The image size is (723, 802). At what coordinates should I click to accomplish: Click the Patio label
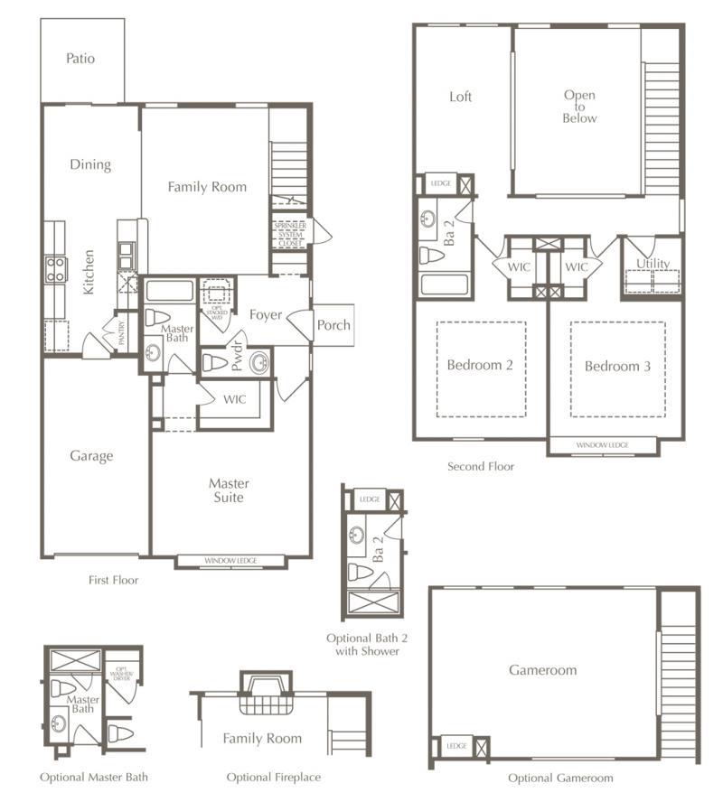coord(80,59)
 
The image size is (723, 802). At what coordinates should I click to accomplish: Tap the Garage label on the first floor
coord(91,456)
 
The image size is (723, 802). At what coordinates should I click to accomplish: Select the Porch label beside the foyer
coord(333,325)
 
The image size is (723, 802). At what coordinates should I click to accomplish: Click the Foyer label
coord(265,315)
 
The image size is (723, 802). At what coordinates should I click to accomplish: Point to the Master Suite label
coord(229,490)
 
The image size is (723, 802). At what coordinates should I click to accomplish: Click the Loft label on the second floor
coord(461,97)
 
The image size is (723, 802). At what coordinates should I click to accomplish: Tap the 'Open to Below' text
coord(579,107)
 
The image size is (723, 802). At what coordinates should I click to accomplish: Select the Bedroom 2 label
coord(480,366)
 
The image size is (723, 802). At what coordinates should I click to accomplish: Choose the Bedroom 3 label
coord(617,367)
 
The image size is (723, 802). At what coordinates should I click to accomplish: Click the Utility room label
coord(653,264)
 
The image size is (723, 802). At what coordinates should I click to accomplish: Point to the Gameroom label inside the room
coord(542,670)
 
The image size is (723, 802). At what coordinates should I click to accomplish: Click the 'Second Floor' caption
coord(481,467)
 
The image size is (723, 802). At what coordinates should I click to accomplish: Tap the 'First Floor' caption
coord(114,580)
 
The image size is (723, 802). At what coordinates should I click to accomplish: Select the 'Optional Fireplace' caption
coord(273,777)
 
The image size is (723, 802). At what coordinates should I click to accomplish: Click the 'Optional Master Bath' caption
coord(94,777)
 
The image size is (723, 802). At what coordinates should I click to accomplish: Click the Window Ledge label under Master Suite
coord(230,561)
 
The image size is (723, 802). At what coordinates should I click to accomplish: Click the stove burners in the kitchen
coord(56,268)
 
